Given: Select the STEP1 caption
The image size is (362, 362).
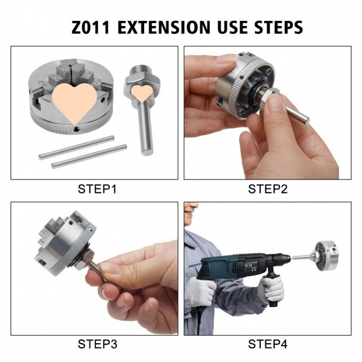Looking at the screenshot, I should (x=97, y=189).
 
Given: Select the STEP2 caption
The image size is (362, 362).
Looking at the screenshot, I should (x=267, y=189).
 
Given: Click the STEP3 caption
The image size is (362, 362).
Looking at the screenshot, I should (x=97, y=344).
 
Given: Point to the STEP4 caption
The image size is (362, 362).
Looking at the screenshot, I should (x=267, y=344).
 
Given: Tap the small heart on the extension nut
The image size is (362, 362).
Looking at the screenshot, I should (x=142, y=93).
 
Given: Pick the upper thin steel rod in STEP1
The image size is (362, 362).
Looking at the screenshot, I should (x=76, y=148).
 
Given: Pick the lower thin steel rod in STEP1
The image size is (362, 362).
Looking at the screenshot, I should (x=89, y=156).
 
